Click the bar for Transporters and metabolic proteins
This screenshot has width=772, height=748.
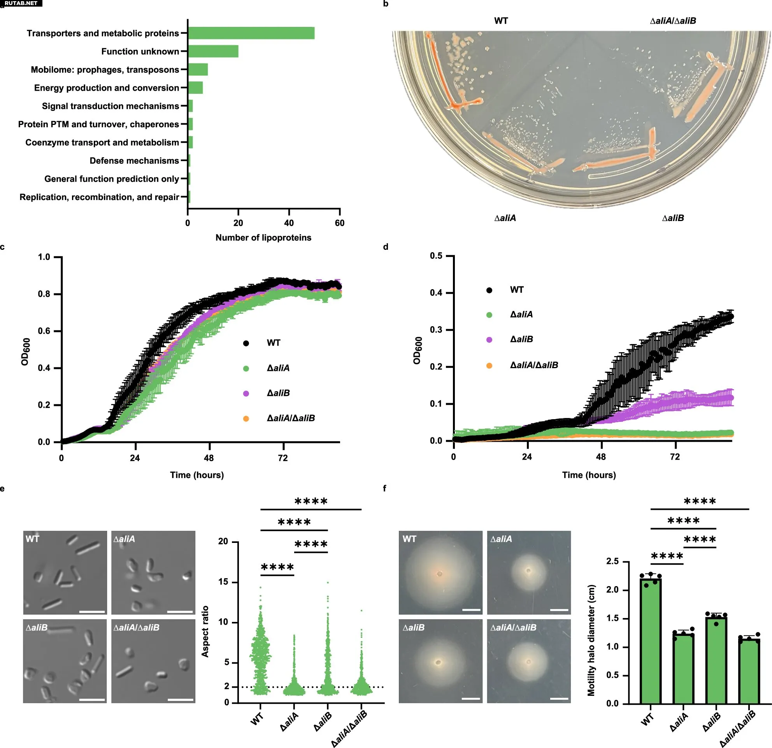[x=251, y=33]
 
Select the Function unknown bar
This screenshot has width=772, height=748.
[x=213, y=51]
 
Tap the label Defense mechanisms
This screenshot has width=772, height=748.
[x=134, y=161]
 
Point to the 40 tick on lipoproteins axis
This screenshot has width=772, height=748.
[x=289, y=223]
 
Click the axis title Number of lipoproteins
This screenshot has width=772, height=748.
[x=263, y=237]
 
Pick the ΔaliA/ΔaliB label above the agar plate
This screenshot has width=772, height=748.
[x=673, y=21]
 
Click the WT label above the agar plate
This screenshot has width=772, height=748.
[x=501, y=21]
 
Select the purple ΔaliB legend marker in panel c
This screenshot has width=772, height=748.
[x=246, y=393]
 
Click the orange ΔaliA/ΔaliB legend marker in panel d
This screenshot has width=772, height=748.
[x=489, y=365]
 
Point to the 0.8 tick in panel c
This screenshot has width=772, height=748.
[x=44, y=294]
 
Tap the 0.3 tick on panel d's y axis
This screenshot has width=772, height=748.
[x=436, y=329]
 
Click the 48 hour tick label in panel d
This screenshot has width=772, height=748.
[x=601, y=457]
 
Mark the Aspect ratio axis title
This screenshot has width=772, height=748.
[x=205, y=631]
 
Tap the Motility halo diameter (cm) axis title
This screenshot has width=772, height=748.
[x=591, y=640]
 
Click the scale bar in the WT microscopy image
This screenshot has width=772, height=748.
[x=92, y=612]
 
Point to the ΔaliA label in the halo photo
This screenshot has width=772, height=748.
[x=501, y=539]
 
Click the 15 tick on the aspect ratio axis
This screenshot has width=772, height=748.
[x=223, y=582]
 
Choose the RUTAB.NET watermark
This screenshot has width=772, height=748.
[x=21, y=3]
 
